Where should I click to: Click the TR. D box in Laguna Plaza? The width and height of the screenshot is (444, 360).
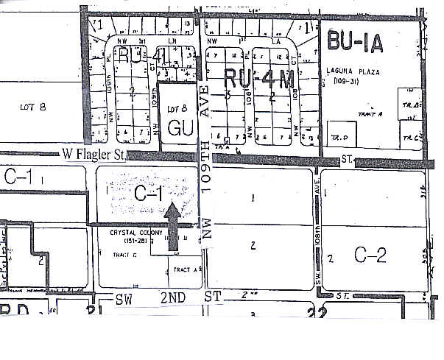339,137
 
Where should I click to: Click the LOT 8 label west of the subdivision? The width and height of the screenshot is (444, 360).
33,107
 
